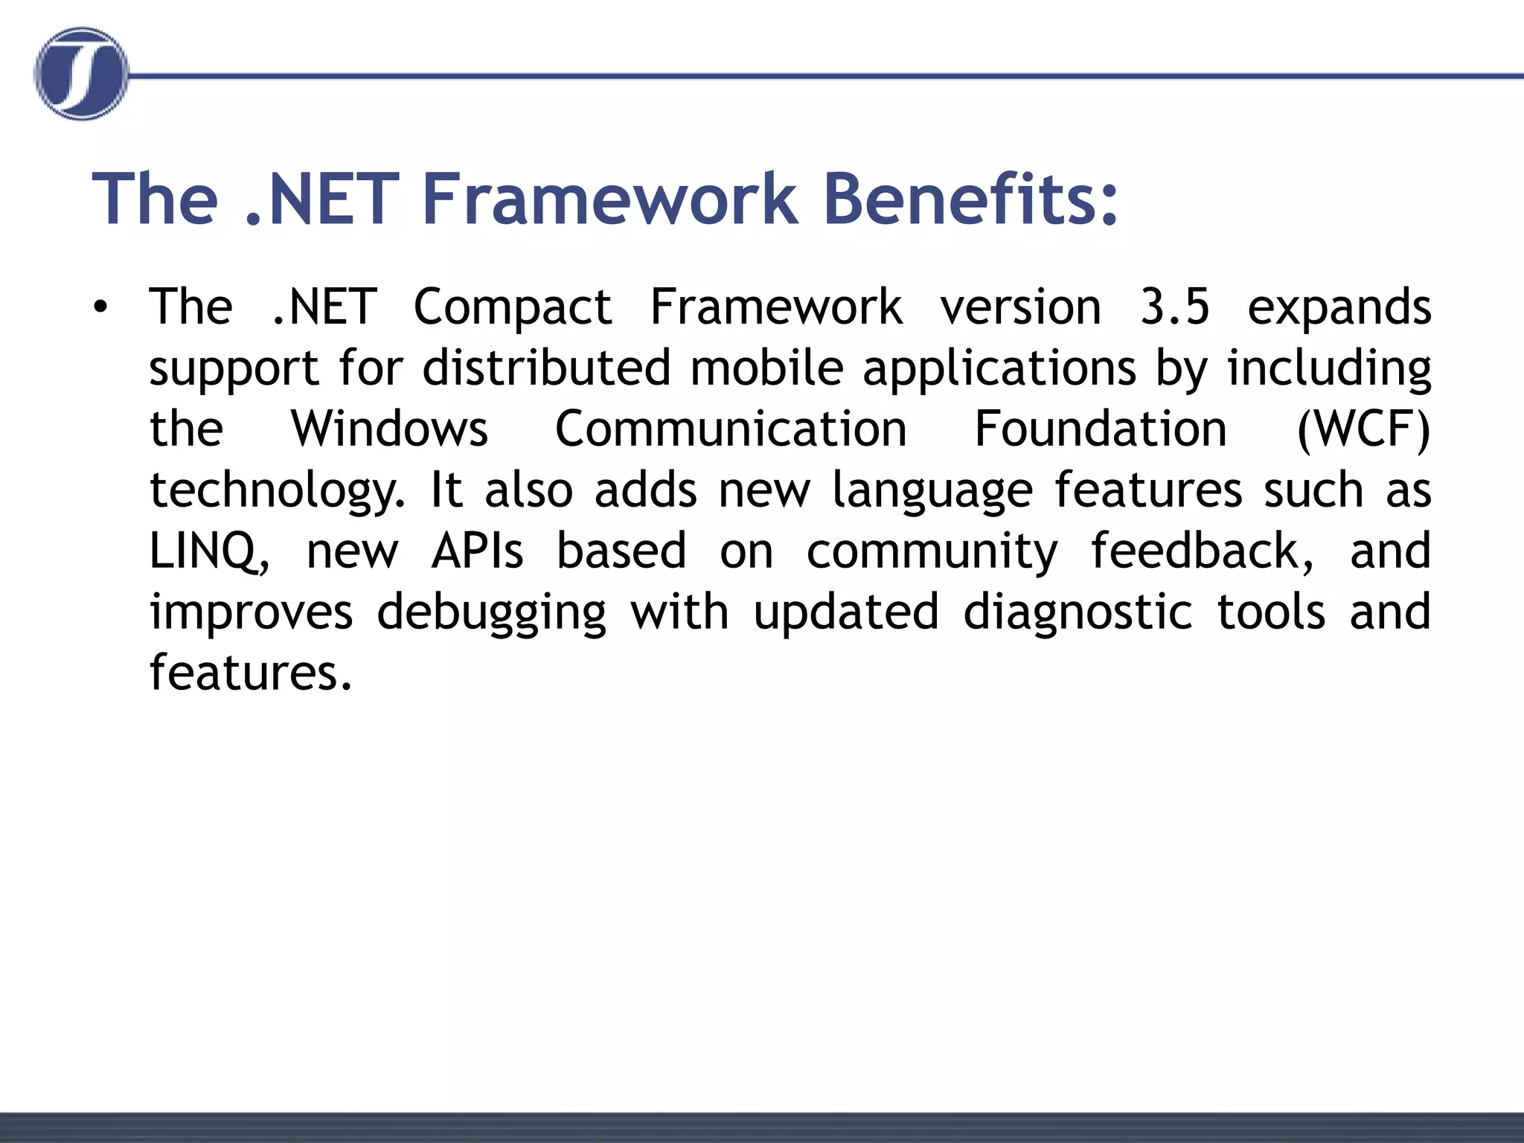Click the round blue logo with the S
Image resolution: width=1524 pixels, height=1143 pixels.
[x=80, y=74]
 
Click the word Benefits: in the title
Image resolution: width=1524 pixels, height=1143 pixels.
[x=970, y=199]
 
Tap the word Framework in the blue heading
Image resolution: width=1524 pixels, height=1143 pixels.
[x=609, y=199]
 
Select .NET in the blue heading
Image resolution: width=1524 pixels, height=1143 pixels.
[x=321, y=199]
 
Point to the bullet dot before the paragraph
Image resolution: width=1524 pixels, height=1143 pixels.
[x=100, y=307]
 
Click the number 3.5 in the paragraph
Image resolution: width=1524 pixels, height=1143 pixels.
[x=1174, y=307]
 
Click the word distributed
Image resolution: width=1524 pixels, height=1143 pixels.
[x=547, y=368]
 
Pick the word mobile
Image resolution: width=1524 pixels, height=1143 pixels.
[x=766, y=368]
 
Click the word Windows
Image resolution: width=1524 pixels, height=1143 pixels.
[x=389, y=429]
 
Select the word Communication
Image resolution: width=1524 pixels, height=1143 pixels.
[x=731, y=429]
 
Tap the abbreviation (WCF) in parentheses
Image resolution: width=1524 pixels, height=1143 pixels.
[x=1363, y=430]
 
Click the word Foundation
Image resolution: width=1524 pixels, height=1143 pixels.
[x=1101, y=429]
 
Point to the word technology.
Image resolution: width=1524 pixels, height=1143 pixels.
[x=277, y=491]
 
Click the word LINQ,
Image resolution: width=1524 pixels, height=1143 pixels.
[x=210, y=551]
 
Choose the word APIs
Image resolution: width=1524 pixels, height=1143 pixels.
[x=478, y=551]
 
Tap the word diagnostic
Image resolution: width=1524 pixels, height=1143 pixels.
[x=1078, y=612]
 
